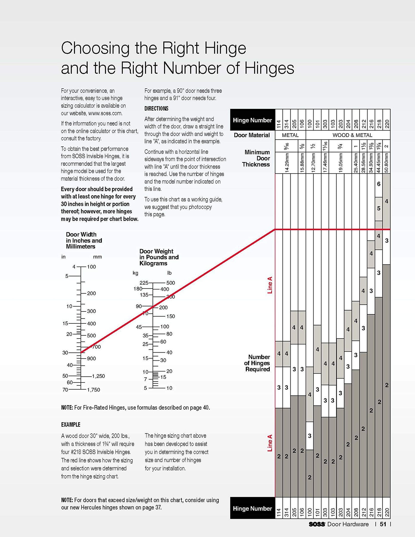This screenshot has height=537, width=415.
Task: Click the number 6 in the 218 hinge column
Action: (379, 184)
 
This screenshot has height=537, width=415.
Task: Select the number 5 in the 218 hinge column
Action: (379, 209)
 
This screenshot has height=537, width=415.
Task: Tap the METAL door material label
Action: (290, 135)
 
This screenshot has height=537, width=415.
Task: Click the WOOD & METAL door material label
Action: (352, 135)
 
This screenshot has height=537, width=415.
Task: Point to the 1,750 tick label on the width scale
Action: (93, 390)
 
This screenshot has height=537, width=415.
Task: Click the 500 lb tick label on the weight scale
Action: (171, 283)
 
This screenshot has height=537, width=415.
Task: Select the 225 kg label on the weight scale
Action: (144, 283)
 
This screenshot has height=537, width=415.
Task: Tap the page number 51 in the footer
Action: (383, 524)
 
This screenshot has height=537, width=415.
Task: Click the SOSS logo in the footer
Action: (317, 524)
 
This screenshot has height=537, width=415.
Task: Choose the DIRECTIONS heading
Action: (156, 109)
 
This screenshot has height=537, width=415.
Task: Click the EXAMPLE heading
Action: (71, 425)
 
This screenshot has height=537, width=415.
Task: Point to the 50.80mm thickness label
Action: (387, 163)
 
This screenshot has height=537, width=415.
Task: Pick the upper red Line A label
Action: (270, 285)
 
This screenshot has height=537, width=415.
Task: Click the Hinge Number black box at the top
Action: (252, 120)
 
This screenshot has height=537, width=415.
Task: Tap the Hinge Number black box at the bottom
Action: (252, 508)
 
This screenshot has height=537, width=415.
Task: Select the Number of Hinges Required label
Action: (257, 363)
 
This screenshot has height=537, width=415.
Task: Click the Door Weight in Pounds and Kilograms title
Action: (159, 257)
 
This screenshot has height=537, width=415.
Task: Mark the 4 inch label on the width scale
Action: (74, 267)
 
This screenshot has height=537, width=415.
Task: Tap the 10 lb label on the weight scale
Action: (169, 388)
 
